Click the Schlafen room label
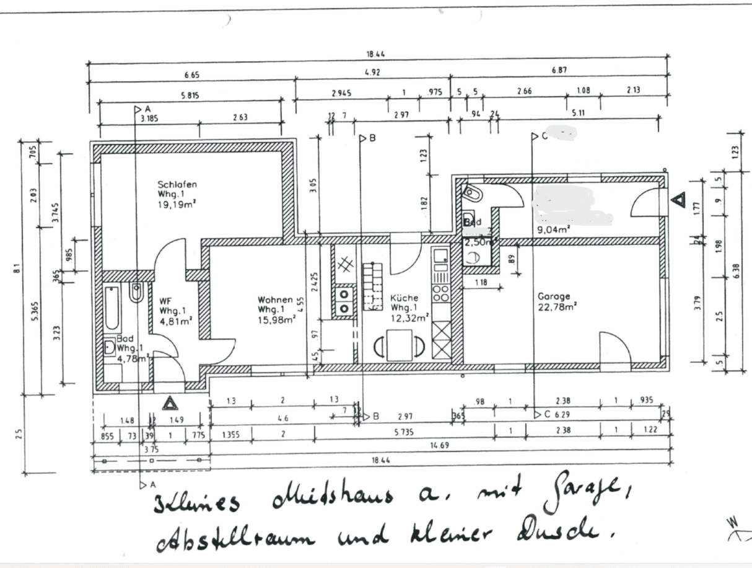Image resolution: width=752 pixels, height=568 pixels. point(177,184)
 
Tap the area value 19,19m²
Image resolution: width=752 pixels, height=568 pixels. point(177,203)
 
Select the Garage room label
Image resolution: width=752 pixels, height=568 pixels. point(553,296)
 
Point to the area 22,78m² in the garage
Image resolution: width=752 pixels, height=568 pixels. point(557,305)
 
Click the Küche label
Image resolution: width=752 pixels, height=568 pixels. point(403,298)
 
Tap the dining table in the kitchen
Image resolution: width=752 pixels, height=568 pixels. point(400,345)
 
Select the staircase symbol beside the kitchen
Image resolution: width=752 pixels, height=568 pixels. point(373,285)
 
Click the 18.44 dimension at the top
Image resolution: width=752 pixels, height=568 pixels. point(375,55)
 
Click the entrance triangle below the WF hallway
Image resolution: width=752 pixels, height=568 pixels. point(169,404)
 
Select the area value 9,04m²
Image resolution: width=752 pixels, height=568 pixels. point(554,229)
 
